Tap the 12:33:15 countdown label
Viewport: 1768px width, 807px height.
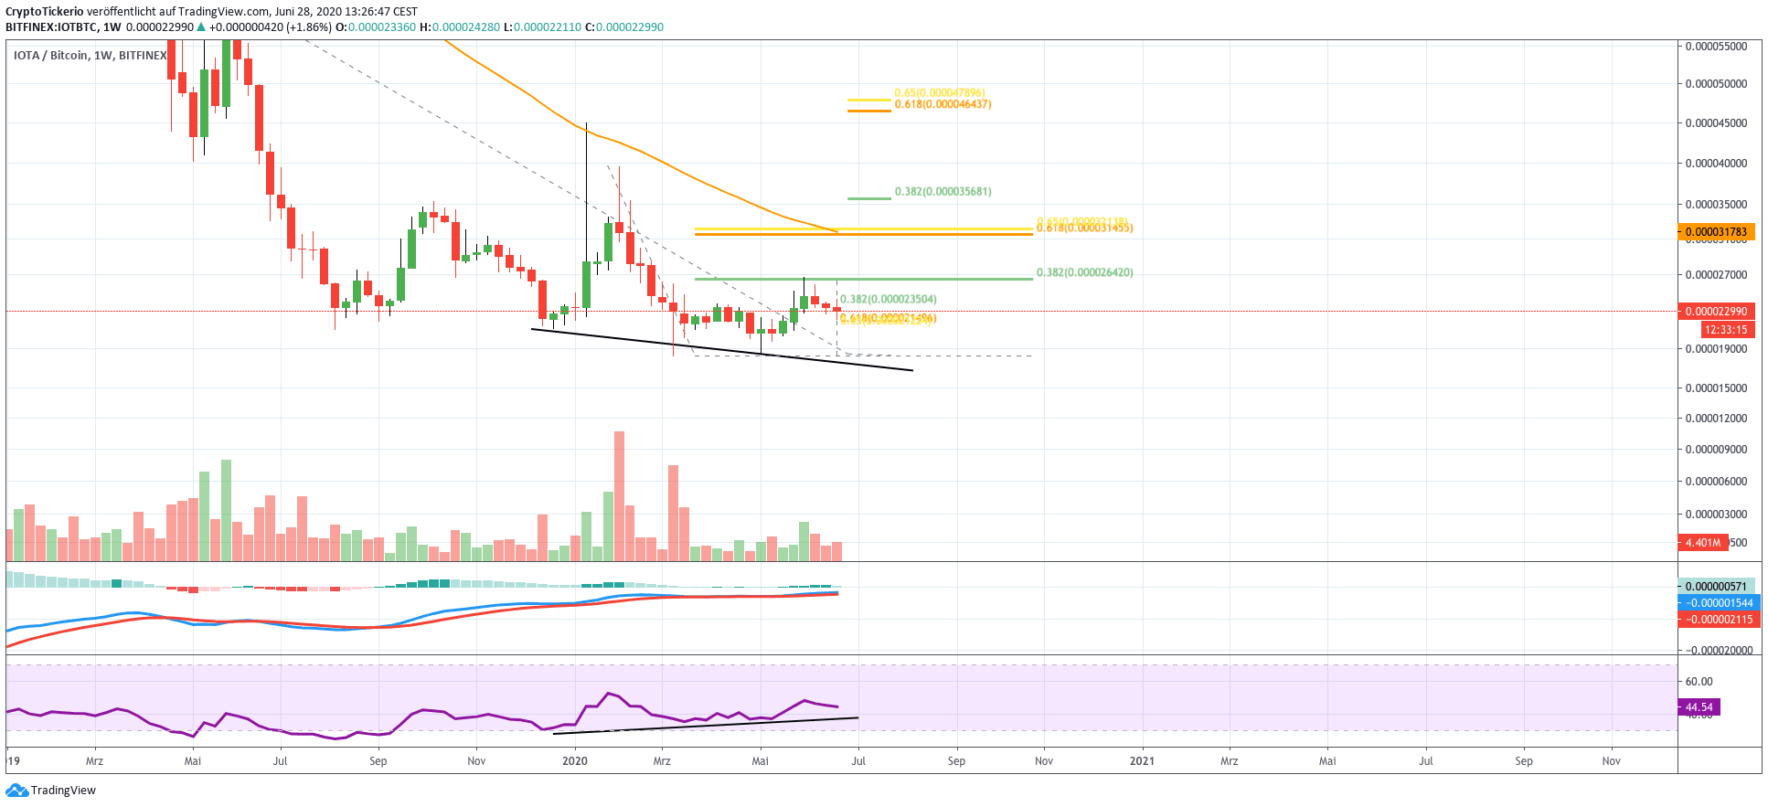1724,330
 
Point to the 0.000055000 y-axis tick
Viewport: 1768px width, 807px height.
1716,46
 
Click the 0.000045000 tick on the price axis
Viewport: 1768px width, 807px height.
1716,122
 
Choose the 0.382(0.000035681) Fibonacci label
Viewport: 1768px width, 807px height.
943,192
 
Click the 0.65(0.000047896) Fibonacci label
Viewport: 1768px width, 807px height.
939,93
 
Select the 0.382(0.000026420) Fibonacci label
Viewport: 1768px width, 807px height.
1084,272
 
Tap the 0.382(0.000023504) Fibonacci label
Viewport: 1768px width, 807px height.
888,299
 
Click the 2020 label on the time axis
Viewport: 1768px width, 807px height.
574,760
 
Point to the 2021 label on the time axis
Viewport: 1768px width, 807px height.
1141,760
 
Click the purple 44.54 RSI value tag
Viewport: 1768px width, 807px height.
1699,707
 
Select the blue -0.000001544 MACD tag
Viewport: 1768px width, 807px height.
1719,603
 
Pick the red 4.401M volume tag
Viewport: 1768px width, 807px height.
1702,543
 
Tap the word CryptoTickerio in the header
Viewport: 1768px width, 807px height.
45,12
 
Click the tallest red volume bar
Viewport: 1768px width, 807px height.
619,495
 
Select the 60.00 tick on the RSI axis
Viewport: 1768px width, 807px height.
1699,682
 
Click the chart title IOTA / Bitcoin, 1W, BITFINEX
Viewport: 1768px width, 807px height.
90,56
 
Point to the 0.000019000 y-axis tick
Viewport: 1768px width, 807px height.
1716,349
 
